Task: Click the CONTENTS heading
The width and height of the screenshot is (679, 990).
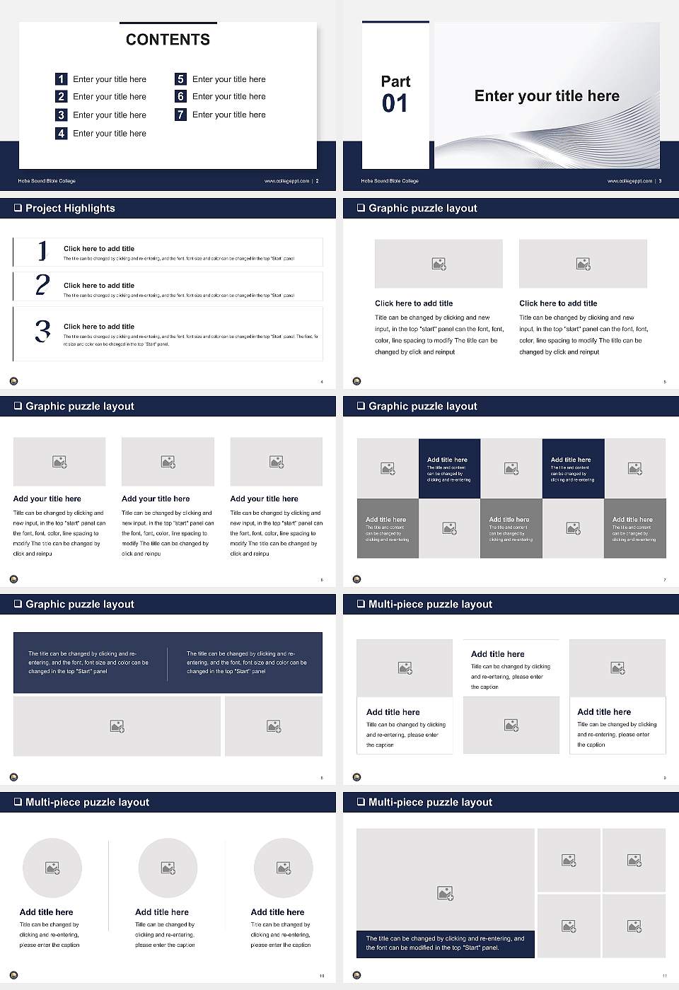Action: [168, 40]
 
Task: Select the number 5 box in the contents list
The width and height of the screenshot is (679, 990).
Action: [180, 79]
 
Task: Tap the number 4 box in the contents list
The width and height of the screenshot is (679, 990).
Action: [61, 133]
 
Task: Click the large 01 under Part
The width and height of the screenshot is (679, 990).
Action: [395, 104]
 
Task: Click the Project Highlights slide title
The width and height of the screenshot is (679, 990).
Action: [70, 208]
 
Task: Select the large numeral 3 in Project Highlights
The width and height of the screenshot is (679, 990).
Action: [42, 331]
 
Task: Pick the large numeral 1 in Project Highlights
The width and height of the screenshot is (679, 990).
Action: [42, 250]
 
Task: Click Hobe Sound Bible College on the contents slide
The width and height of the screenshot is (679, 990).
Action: [47, 181]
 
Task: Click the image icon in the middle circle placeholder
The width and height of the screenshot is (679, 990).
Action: [168, 868]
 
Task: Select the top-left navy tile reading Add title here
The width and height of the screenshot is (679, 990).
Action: [449, 469]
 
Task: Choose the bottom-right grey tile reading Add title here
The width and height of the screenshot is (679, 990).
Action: [634, 528]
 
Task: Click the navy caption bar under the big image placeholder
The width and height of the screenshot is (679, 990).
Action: [445, 943]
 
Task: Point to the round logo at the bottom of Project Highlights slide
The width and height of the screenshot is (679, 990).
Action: [13, 381]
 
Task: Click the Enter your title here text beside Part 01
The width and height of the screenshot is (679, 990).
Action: [547, 96]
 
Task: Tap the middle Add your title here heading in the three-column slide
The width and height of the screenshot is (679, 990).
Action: [156, 499]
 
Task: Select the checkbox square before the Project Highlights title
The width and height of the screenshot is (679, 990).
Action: [18, 208]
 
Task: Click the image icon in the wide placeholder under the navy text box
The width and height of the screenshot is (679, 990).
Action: [117, 726]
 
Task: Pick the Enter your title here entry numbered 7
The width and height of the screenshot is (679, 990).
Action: [228, 115]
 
